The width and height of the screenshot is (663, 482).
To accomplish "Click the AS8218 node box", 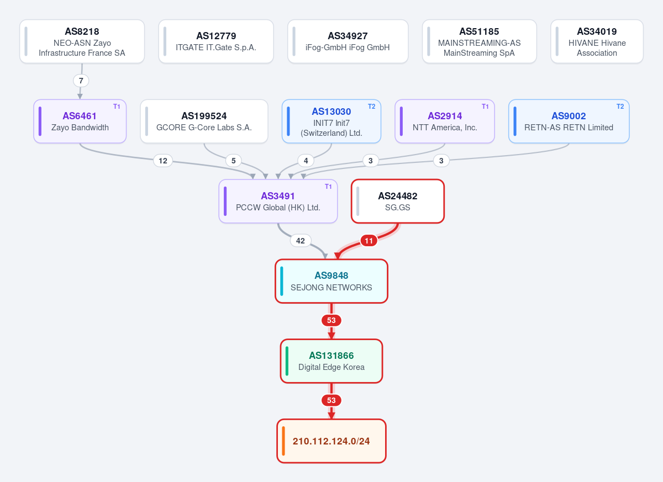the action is point(82,41).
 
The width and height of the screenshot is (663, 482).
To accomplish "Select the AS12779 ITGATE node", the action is point(216,41).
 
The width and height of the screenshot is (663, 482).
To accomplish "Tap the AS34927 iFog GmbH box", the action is point(348,41).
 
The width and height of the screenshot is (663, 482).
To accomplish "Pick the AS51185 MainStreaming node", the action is point(479,41).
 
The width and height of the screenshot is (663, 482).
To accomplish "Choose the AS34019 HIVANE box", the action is point(597,41).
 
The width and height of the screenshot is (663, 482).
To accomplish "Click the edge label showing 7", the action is point(81,81).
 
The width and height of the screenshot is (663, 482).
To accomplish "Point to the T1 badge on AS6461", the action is point(117,107).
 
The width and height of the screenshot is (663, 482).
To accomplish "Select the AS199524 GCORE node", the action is point(204,121).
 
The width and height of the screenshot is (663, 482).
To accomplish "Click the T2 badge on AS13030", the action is point(371,107).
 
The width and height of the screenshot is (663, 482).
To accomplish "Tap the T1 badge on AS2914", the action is point(485,107).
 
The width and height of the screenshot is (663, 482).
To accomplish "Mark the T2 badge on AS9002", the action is point(620,107).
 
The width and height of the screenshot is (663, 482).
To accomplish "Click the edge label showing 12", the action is point(163,161).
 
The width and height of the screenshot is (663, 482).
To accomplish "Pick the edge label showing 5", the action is point(234,161).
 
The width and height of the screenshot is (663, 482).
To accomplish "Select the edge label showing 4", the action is point(306,161).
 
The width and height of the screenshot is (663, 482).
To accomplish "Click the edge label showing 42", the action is point(301,241).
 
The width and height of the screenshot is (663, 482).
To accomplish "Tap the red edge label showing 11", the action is point(369,241).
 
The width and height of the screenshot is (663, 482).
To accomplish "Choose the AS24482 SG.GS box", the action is point(398,201).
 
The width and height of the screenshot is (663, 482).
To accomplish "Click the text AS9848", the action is point(331,276).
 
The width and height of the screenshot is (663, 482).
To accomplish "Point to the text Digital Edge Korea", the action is point(331,367).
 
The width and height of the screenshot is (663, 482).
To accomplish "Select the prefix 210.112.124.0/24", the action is point(331,441).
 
